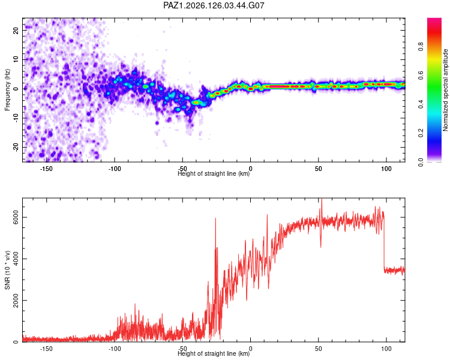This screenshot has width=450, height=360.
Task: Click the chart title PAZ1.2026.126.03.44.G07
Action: point(214,5)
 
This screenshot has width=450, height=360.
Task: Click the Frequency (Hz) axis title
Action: point(7,90)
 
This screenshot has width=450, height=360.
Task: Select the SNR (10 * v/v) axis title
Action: point(7,270)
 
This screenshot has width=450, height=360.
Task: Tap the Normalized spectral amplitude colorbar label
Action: point(445,90)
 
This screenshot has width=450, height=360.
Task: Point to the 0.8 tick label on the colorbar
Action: point(421,46)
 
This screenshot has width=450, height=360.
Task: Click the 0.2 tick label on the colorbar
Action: point(421,133)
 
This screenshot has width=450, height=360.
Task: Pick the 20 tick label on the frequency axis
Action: point(16,30)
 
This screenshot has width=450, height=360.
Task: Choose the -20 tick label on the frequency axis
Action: point(16,147)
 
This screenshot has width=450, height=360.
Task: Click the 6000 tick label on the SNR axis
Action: point(16,217)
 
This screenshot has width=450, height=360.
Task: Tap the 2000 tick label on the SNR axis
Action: point(16,300)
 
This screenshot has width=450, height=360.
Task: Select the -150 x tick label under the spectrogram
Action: point(46,169)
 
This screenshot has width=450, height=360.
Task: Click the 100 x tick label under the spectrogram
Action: point(386,169)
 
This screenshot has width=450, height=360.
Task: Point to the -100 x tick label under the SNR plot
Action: point(114,349)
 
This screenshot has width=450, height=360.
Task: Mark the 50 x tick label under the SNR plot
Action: point(318,349)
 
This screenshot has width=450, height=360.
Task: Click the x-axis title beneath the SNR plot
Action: point(214,353)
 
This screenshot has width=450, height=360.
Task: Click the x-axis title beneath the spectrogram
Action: point(214,173)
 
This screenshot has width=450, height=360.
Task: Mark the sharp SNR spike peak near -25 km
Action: point(215,218)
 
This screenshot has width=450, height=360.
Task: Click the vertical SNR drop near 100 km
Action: point(384,242)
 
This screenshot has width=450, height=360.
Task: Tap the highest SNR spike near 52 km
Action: point(322,199)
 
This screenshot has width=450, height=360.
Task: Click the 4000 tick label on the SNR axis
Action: point(16,259)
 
